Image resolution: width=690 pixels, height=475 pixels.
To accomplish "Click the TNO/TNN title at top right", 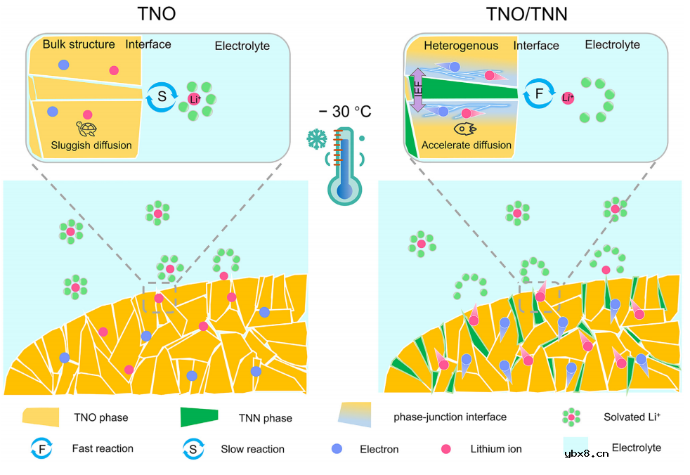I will point(527,14).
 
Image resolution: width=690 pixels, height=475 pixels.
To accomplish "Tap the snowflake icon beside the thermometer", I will point(317,138).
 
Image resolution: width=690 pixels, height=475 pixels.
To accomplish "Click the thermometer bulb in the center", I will point(344,190).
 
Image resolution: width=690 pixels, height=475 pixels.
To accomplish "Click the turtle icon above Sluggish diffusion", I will point(87,129).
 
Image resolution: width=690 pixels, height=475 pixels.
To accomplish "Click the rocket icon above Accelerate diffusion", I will point(466,129).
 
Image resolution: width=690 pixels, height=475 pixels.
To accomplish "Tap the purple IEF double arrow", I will point(417,91).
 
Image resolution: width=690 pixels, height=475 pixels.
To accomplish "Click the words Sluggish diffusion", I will point(91,145).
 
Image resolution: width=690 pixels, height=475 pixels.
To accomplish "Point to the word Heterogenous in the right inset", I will point(462,46).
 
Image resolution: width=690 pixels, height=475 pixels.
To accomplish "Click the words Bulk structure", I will point(79,44).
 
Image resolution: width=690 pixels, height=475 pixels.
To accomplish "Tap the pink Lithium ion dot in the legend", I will point(444,448).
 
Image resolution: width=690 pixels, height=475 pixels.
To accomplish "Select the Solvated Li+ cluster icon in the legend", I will point(571,417).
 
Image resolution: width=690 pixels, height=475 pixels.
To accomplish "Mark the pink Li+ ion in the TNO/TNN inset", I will point(568,98).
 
